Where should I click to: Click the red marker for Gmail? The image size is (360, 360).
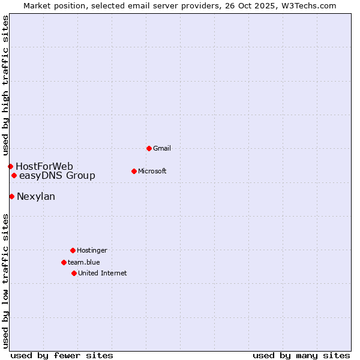click(149, 148)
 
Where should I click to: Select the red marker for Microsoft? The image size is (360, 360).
click(134, 171)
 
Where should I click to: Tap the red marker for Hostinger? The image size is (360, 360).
click(73, 250)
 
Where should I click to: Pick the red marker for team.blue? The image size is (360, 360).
click(64, 262)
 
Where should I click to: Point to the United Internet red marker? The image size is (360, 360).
click(74, 273)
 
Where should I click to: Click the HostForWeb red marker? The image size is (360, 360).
click(10, 166)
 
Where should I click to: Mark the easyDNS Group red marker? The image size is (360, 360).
click(14, 175)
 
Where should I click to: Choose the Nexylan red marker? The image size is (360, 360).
click(11, 196)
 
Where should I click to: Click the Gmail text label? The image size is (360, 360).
click(162, 148)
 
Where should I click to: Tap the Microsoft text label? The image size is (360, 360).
click(152, 171)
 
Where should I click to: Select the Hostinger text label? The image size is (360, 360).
click(92, 250)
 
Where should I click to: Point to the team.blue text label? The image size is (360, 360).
click(84, 262)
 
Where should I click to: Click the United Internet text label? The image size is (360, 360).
click(103, 273)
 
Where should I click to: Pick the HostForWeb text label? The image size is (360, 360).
click(44, 166)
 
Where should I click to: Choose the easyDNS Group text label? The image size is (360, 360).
click(57, 175)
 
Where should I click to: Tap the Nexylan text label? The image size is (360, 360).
click(36, 196)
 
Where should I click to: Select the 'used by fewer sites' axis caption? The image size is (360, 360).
click(62, 355)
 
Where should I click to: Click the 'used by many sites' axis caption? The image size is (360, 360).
click(301, 355)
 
